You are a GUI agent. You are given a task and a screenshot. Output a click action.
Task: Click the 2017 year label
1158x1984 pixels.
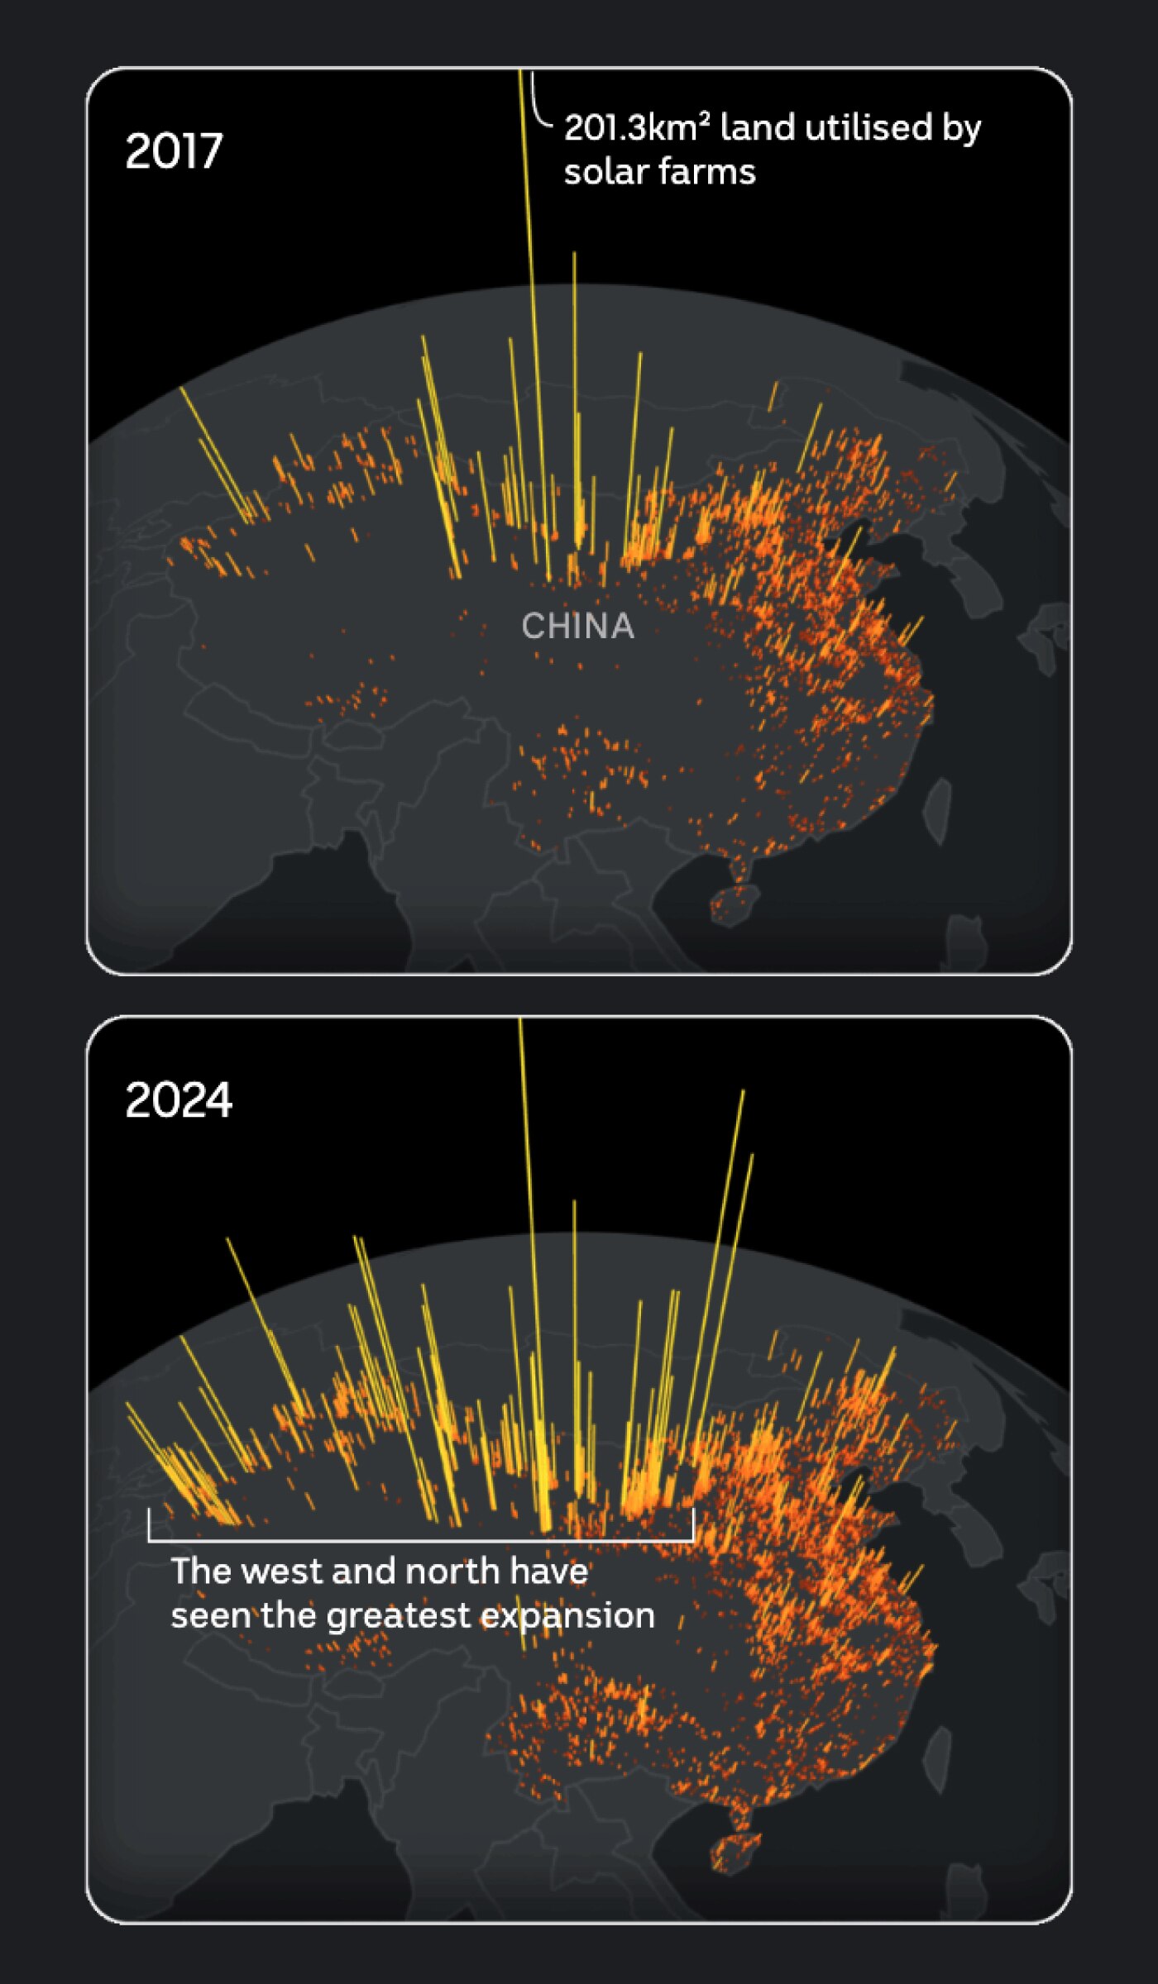coord(174,151)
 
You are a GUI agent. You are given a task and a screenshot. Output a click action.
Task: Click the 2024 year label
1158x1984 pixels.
coord(179,1100)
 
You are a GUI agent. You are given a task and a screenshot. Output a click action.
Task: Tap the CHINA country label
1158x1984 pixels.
coord(577,627)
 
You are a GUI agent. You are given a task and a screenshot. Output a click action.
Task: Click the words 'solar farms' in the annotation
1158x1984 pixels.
coord(659,173)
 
